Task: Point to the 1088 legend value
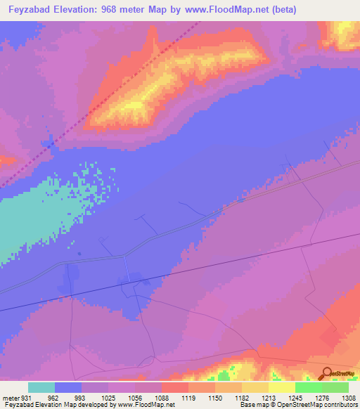coord(162,396)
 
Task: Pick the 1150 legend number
coord(215,396)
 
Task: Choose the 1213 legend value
coord(268,396)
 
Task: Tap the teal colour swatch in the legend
coord(41,387)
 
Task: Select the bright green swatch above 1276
coord(308,387)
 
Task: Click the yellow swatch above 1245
coord(281,387)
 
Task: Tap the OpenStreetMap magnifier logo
coord(326,373)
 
